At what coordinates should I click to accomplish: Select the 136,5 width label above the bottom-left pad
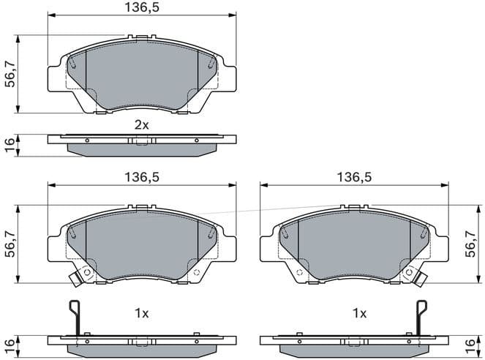pos(141,177)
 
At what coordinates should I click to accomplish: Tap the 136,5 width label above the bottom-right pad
pos(353,177)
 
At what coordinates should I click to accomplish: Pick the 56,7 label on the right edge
pos(475,243)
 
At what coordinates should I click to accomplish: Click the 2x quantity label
pos(141,125)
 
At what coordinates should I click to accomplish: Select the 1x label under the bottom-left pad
pos(141,313)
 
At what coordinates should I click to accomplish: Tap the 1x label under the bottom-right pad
pos(359,313)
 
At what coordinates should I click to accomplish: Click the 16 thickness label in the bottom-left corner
pos(10,344)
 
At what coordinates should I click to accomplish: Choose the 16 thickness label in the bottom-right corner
pos(475,344)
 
